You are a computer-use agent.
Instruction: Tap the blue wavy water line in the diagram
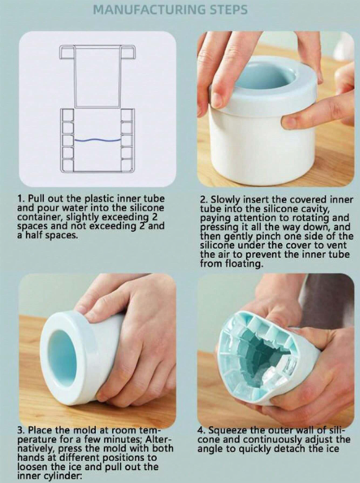pyautogui.click(x=98, y=140)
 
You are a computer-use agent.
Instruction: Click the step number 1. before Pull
pyautogui.click(x=21, y=198)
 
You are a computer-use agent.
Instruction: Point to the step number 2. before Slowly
pyautogui.click(x=204, y=200)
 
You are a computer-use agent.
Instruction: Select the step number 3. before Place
pyautogui.click(x=22, y=430)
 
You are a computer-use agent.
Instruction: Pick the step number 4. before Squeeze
pyautogui.click(x=202, y=430)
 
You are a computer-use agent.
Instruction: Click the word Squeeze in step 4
pyautogui.click(x=228, y=430)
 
